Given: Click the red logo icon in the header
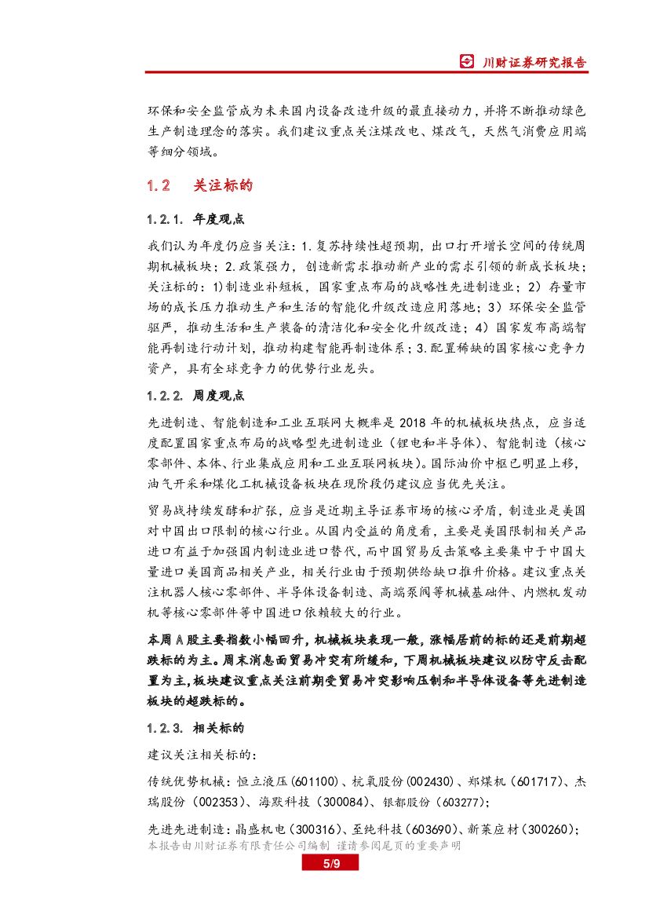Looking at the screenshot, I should pos(467,62).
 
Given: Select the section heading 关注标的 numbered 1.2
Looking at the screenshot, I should pos(223,186).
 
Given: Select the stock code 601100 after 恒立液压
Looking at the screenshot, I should pos(315,781).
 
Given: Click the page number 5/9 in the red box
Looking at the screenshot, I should pos(330,864).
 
